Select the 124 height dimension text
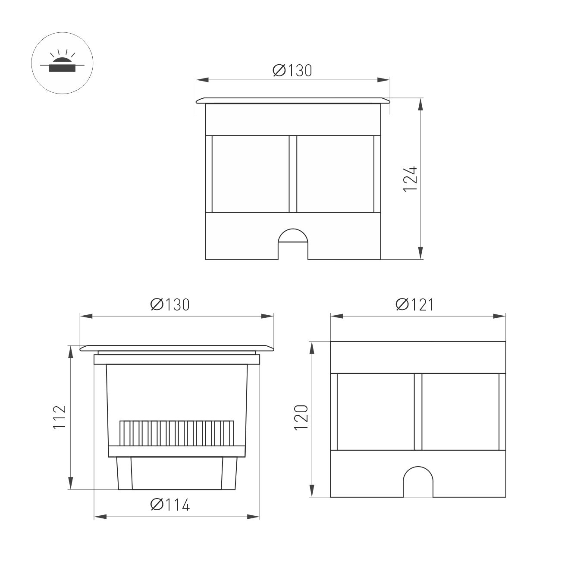(410, 179)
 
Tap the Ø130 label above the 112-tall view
(170, 304)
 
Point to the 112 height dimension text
(59, 417)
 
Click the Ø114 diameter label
(170, 505)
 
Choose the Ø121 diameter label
(414, 304)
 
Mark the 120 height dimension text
(301, 417)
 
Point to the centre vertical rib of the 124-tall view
(293, 174)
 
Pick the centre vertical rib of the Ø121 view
(417, 412)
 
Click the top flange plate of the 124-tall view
(293, 100)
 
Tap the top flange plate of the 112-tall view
(177, 348)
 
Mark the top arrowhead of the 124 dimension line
(421, 104)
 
